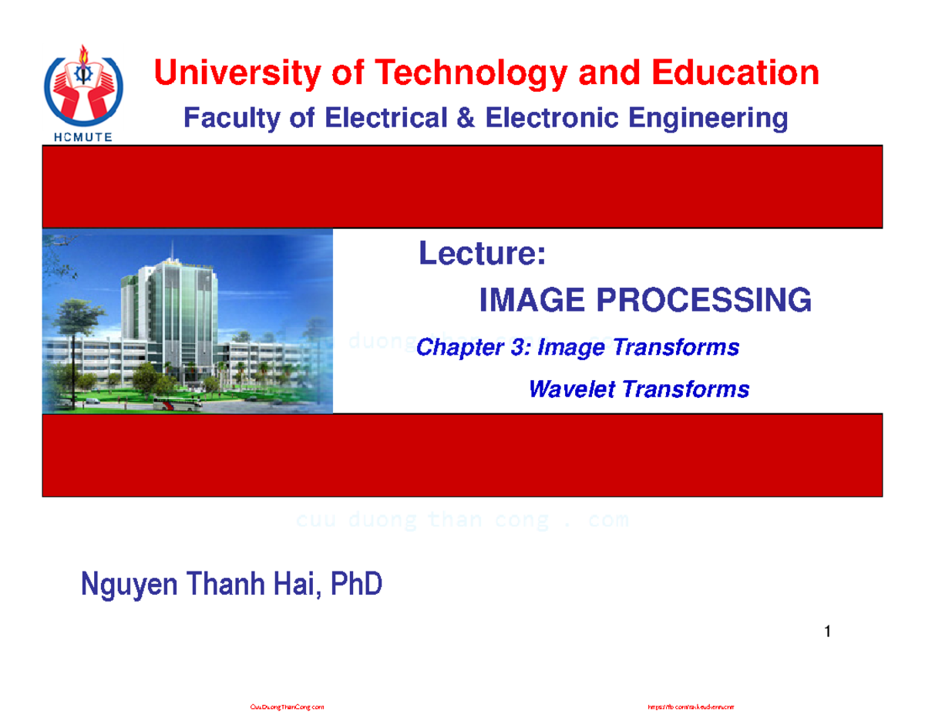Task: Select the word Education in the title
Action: pos(736,74)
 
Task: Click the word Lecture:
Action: pos(483,255)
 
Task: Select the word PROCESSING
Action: pos(701,300)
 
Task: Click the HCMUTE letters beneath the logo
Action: pos(83,137)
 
